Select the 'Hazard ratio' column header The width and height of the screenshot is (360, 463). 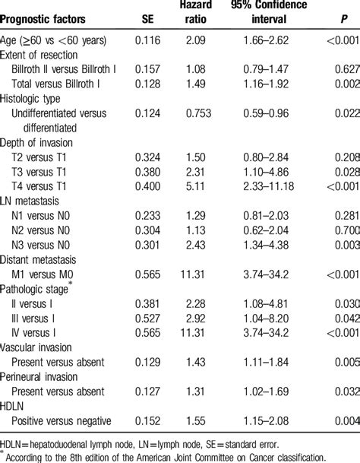pyautogui.click(x=197, y=13)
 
